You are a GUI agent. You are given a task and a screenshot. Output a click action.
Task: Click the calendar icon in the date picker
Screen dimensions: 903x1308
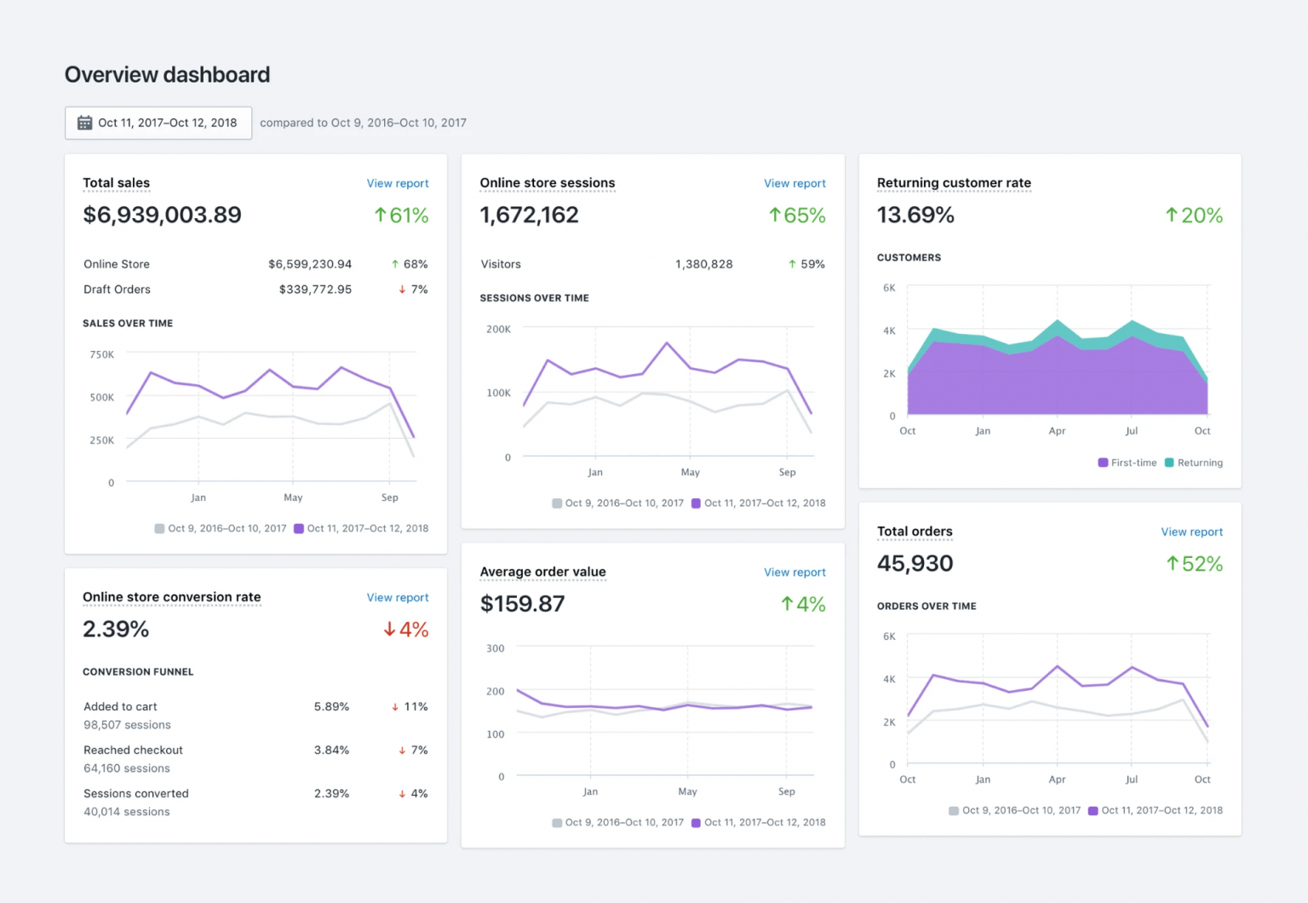click(84, 123)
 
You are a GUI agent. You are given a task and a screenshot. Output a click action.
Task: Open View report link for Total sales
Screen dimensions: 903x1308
click(397, 183)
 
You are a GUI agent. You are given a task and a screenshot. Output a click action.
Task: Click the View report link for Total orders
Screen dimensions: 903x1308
click(1191, 532)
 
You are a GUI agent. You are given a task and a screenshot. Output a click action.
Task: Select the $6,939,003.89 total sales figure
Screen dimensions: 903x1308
click(162, 215)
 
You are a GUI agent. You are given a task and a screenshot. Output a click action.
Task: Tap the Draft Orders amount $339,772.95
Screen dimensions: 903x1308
click(315, 290)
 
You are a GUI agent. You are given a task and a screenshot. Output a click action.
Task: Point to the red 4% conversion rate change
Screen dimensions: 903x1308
click(405, 630)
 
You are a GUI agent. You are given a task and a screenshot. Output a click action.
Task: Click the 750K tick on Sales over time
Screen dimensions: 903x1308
click(102, 354)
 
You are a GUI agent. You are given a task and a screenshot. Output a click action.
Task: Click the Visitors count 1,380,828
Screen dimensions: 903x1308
click(703, 264)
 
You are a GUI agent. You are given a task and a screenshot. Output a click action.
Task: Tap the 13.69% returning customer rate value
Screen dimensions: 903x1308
click(915, 215)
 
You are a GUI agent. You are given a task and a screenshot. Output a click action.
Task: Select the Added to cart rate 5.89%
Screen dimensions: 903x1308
click(331, 707)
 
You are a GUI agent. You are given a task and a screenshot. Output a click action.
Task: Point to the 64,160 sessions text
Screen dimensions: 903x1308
click(127, 768)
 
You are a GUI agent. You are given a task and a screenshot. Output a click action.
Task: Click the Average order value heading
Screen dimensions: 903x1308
click(542, 572)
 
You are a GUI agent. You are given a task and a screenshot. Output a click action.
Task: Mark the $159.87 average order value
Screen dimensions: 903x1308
click(522, 604)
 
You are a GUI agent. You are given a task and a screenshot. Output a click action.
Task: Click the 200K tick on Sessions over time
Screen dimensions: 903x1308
click(498, 329)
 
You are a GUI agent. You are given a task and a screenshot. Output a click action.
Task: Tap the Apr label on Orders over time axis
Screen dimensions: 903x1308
click(1057, 779)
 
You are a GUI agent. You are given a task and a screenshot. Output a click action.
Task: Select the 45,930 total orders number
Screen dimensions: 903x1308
click(915, 563)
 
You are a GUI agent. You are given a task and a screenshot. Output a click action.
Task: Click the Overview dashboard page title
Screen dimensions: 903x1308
click(167, 75)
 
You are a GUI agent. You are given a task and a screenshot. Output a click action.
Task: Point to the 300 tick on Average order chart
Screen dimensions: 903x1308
click(495, 648)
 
